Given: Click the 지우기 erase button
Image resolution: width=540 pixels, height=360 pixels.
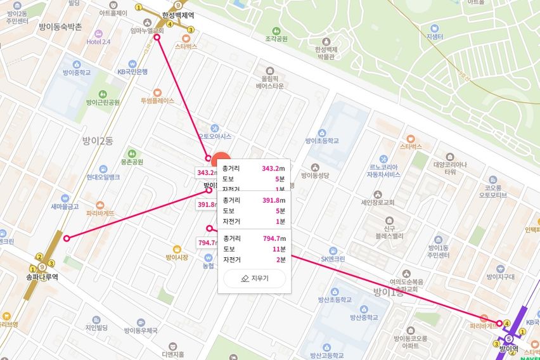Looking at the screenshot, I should [x=255, y=278].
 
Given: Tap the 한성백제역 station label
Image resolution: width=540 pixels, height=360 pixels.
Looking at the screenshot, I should [x=177, y=15].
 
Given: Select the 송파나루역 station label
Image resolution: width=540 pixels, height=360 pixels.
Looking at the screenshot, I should [x=42, y=277].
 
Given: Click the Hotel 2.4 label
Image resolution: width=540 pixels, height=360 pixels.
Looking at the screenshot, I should [x=98, y=42].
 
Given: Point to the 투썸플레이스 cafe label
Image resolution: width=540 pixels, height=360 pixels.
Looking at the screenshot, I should [x=157, y=101].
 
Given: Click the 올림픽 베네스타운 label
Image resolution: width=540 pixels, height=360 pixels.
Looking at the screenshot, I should [x=270, y=81].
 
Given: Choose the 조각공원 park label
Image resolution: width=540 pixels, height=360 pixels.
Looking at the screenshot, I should [x=276, y=39].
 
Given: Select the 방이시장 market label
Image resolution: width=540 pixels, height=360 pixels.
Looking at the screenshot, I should [x=177, y=257].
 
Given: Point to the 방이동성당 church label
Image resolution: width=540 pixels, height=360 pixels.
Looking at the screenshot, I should [x=315, y=176].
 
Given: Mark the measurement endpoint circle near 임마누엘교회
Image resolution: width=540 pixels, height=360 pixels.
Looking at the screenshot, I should [x=157, y=37].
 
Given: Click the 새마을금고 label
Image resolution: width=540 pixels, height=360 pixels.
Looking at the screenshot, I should [x=65, y=206].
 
